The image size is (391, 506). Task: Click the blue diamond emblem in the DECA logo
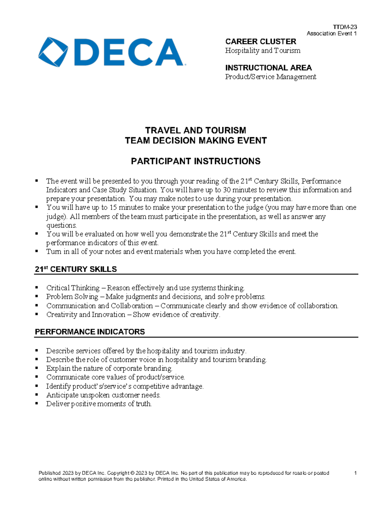[53, 52]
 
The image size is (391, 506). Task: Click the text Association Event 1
[331, 33]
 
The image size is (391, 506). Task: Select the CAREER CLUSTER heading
[260, 41]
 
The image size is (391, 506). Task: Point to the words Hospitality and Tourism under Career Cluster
[262, 51]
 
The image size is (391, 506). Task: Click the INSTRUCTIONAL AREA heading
[268, 68]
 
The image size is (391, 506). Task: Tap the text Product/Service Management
[270, 77]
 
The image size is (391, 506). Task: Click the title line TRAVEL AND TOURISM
[195, 130]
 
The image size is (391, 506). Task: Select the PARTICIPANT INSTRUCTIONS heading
[195, 161]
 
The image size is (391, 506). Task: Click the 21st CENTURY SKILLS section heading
[76, 269]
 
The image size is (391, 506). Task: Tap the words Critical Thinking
[73, 288]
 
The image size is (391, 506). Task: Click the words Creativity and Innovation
[86, 315]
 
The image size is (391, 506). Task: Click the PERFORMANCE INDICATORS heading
[90, 332]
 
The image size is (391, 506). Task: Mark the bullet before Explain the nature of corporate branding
[37, 368]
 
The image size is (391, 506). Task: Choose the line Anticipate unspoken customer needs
[103, 395]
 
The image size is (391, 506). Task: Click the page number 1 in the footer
[355, 473]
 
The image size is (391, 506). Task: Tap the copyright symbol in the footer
[132, 473]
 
